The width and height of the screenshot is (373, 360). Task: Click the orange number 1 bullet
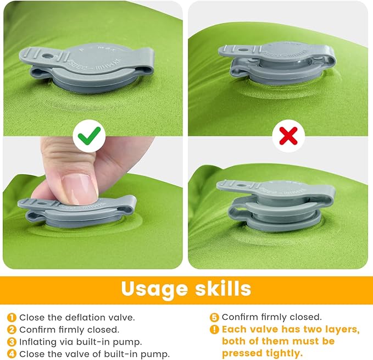click(12, 317)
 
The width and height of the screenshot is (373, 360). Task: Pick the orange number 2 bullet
click(12, 330)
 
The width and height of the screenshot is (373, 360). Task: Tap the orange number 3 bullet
click(12, 342)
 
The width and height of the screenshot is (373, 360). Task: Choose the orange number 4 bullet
click(12, 354)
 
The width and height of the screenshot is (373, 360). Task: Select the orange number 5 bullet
click(215, 317)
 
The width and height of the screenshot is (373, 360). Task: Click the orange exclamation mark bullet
click(215, 330)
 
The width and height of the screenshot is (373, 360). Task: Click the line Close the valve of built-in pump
click(94, 354)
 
